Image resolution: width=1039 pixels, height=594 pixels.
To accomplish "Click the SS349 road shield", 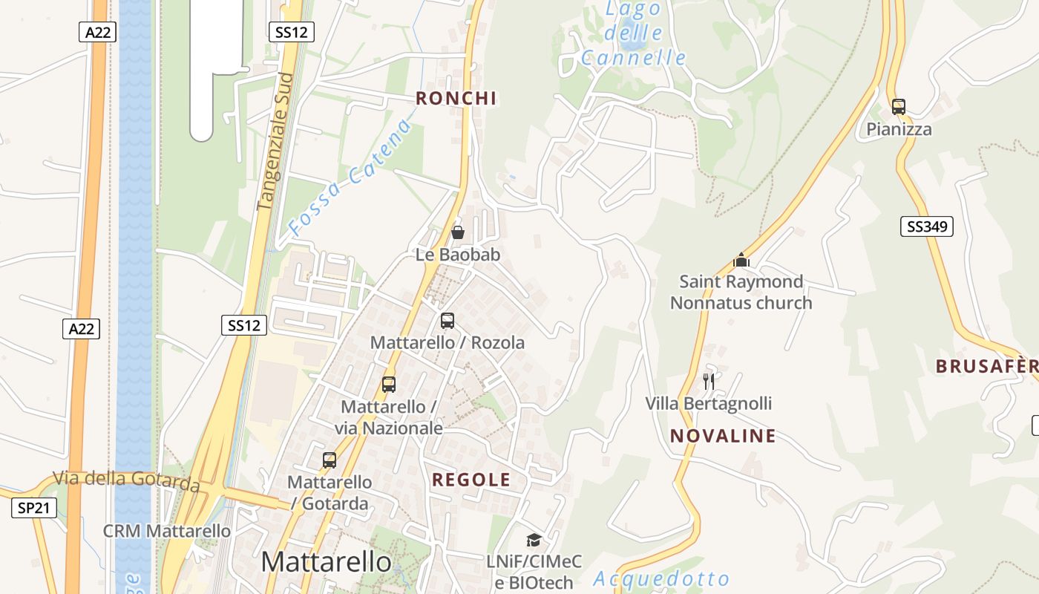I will pyautogui.click(x=926, y=226).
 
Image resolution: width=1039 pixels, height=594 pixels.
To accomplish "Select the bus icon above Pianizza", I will pyautogui.click(x=899, y=107).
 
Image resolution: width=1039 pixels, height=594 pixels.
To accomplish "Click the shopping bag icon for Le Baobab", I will pyautogui.click(x=458, y=232).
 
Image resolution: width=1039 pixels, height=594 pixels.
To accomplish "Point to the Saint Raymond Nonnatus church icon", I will pyautogui.click(x=741, y=260).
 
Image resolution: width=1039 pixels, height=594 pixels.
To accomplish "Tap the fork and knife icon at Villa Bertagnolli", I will pyautogui.click(x=709, y=382).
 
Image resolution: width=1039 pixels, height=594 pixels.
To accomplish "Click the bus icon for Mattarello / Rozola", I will pyautogui.click(x=448, y=321).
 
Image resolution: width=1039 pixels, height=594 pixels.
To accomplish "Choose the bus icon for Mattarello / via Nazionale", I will pyautogui.click(x=389, y=385).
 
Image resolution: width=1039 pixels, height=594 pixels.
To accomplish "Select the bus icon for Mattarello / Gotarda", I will pyautogui.click(x=330, y=460).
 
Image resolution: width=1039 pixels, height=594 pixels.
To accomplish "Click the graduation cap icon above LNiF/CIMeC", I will pyautogui.click(x=534, y=540).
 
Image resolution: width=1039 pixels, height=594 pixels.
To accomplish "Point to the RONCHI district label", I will pyautogui.click(x=456, y=98).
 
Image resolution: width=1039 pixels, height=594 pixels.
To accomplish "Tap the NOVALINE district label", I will pyautogui.click(x=723, y=436).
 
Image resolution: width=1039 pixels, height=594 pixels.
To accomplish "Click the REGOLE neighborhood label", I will pyautogui.click(x=471, y=480).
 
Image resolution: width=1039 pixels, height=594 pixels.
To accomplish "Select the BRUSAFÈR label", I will pyautogui.click(x=986, y=366).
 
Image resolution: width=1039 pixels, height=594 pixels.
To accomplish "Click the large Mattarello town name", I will pyautogui.click(x=326, y=562).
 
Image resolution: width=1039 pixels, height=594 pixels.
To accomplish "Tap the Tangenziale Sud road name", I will pyautogui.click(x=275, y=141).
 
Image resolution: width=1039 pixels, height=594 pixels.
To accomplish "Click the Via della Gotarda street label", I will pyautogui.click(x=126, y=480).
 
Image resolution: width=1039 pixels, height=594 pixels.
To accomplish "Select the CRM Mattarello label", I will pyautogui.click(x=167, y=532).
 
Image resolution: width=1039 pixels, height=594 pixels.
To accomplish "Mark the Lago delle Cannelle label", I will pyautogui.click(x=634, y=33).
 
